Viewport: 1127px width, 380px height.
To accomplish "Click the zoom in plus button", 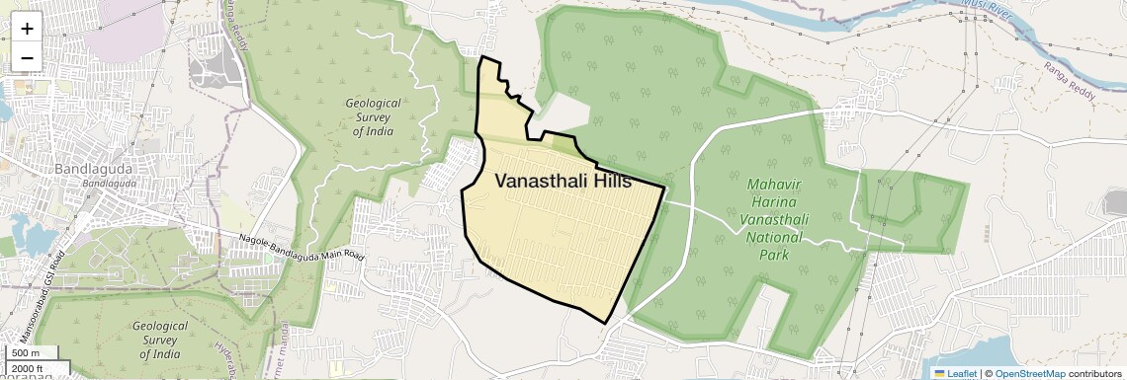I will coord(27,29).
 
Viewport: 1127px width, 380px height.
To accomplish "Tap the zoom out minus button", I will coord(27,58).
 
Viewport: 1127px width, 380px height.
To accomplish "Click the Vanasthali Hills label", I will coord(563,181).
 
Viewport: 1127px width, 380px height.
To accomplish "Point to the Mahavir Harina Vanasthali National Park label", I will coord(778,219).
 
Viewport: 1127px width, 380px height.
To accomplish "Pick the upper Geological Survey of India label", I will coord(373,116).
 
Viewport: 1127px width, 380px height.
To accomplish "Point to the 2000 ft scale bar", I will coord(31,369).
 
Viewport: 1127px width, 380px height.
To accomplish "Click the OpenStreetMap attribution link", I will coord(1029,373).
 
